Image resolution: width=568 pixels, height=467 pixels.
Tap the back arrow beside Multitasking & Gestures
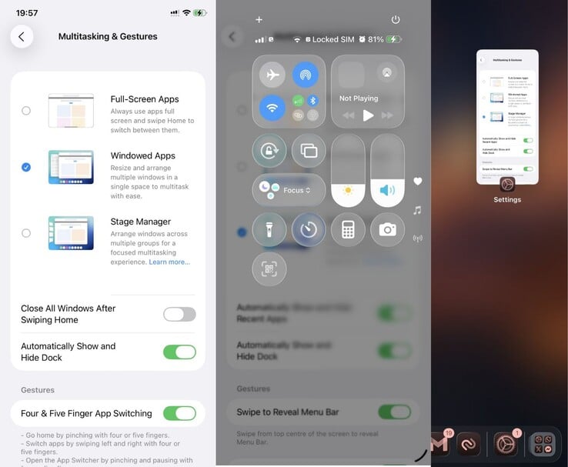[x=22, y=36]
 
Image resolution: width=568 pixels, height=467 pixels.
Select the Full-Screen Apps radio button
[x=26, y=111]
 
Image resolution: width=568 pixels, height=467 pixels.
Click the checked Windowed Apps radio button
[x=26, y=167]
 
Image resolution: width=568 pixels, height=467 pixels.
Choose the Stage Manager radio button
[x=26, y=233]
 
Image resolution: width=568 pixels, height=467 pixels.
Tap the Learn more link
[x=169, y=262]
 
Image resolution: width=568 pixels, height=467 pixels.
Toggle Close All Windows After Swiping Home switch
[x=179, y=314]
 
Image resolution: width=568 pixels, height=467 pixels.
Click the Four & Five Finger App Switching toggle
[x=179, y=413]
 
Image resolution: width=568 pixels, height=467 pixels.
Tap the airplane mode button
[x=271, y=75]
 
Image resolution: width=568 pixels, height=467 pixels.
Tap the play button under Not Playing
[x=368, y=115]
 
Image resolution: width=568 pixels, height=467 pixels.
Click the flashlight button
[x=269, y=229]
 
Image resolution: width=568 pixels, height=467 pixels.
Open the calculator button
[x=348, y=229]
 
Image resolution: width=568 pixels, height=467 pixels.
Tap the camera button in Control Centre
[x=387, y=229]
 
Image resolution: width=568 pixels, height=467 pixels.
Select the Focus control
[x=289, y=190]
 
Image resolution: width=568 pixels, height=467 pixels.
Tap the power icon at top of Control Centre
[x=396, y=19]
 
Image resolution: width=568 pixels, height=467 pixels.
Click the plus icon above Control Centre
[x=259, y=19]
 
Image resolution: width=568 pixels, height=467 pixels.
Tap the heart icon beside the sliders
[x=418, y=182]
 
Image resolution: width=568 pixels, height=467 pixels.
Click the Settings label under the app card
[x=507, y=200]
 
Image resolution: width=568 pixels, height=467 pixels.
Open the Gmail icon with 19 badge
[x=440, y=444]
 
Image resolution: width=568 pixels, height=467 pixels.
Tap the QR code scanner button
[x=269, y=269]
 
